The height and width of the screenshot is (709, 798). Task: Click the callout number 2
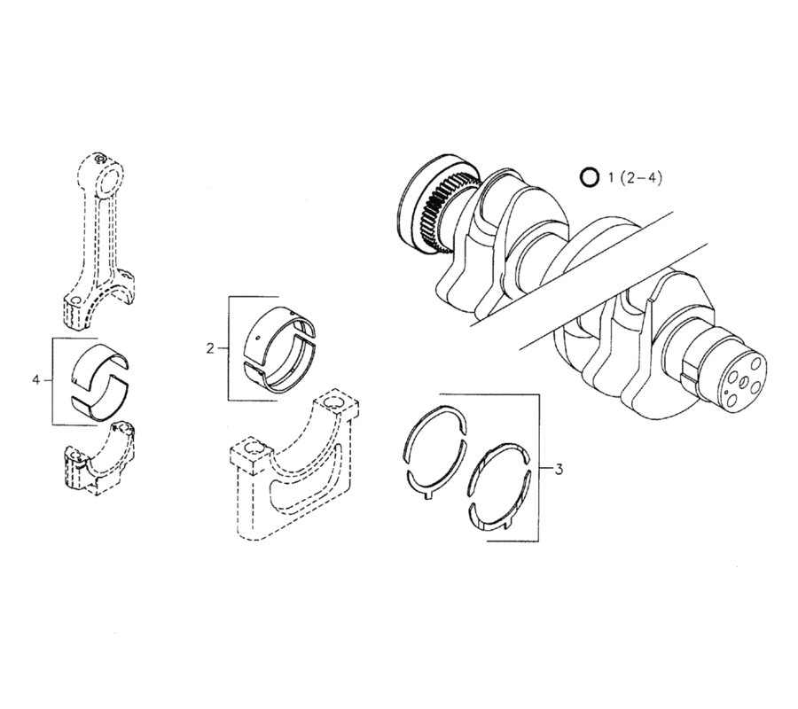pyautogui.click(x=210, y=348)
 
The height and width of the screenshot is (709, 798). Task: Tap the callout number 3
pyautogui.click(x=558, y=469)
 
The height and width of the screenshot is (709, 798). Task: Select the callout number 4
pyautogui.click(x=36, y=379)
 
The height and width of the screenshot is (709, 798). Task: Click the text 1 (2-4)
pyautogui.click(x=635, y=177)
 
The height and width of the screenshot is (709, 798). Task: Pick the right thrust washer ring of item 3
pyautogui.click(x=498, y=486)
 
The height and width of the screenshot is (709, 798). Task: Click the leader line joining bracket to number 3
pyautogui.click(x=544, y=468)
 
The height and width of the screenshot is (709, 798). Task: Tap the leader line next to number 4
pyautogui.click(x=48, y=379)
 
